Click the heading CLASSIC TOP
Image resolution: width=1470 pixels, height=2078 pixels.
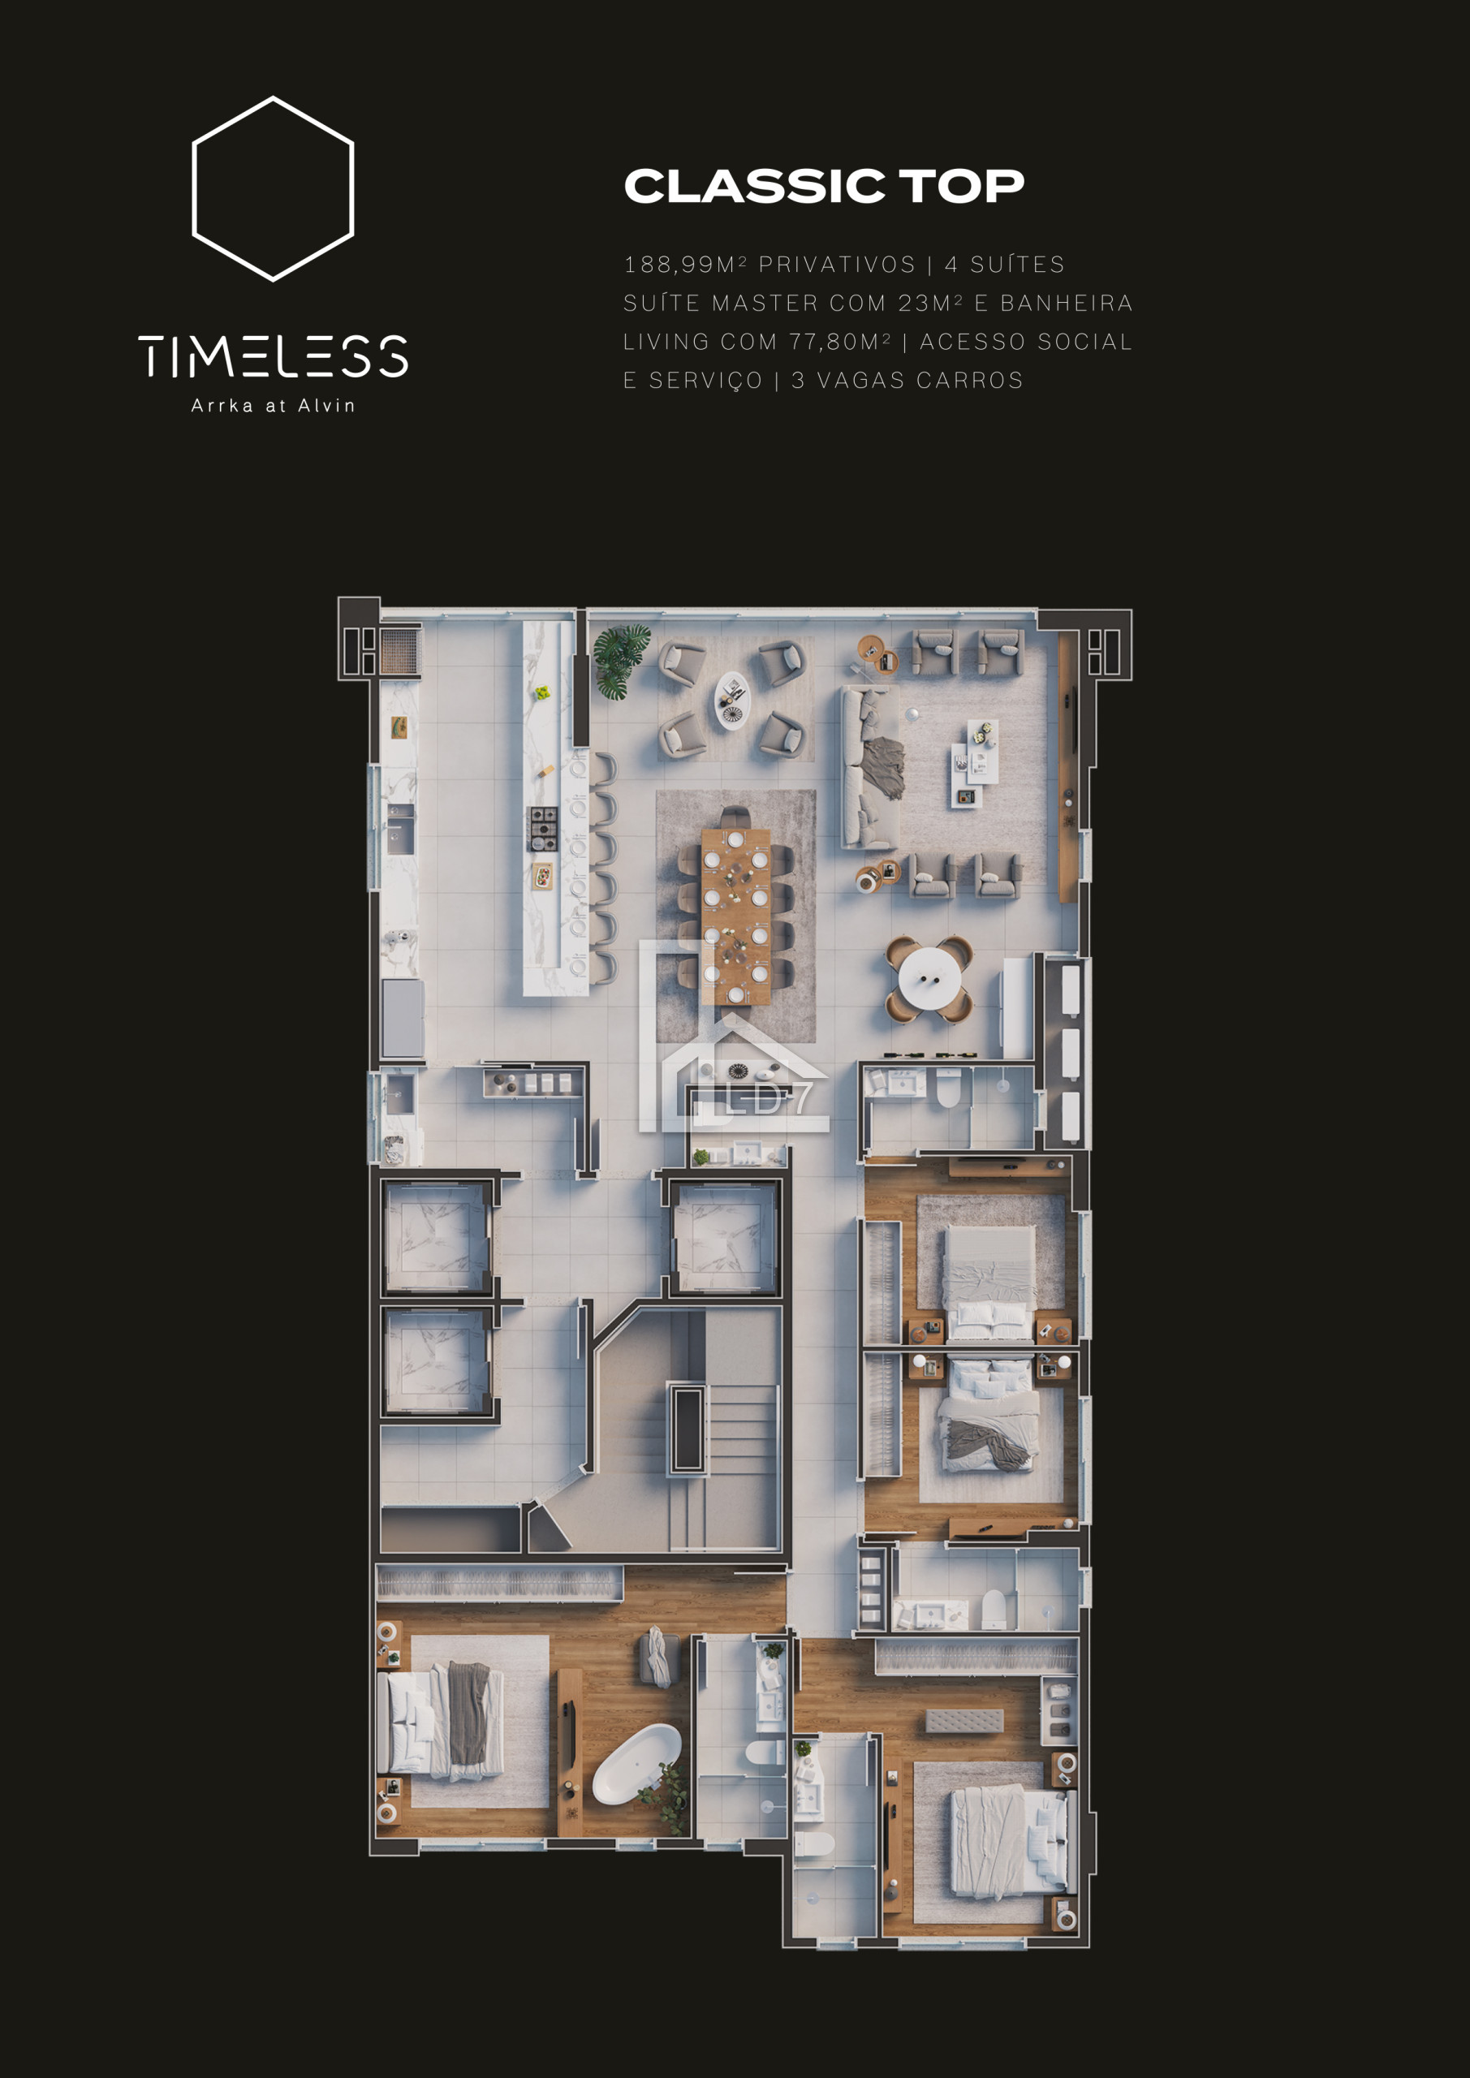pyautogui.click(x=824, y=186)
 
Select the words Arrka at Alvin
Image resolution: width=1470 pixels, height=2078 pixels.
pyautogui.click(x=274, y=406)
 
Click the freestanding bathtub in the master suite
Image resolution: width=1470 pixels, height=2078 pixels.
pyautogui.click(x=636, y=1763)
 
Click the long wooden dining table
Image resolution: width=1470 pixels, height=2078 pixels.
pyautogui.click(x=735, y=916)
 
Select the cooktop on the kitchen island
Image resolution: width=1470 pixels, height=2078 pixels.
pyautogui.click(x=543, y=829)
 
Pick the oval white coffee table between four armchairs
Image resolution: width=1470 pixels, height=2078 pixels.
pyautogui.click(x=732, y=701)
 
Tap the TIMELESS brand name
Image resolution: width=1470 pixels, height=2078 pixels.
pyautogui.click(x=274, y=356)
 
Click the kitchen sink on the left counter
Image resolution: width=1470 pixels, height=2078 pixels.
pyautogui.click(x=400, y=828)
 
